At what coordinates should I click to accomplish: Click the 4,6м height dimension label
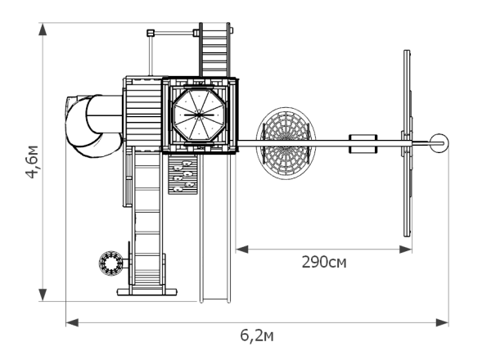pos(32,161)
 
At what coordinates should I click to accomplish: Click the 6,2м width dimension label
pos(257,335)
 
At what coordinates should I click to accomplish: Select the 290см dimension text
pos(324,263)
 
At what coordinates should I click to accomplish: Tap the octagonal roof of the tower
pos(199,115)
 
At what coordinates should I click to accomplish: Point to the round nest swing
pos(286,143)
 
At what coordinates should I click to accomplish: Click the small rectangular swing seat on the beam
pos(363,143)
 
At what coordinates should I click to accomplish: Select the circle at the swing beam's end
pos(439,143)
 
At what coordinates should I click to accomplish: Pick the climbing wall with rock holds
pos(182,174)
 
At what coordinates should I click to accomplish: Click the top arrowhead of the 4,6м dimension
pos(43,29)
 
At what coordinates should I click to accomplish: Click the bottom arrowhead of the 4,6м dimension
pos(43,295)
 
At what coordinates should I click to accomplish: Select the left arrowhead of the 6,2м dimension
pos(72,323)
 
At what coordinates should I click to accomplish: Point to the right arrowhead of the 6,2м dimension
pos(442,323)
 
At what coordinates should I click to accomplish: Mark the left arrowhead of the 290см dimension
pos(242,250)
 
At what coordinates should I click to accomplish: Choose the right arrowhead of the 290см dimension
pos(405,250)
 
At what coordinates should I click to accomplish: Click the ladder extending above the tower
pos(214,50)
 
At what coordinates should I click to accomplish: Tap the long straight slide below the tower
pos(215,228)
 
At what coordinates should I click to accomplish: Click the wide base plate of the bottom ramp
pos(147,292)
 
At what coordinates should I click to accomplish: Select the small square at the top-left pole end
pos(151,33)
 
